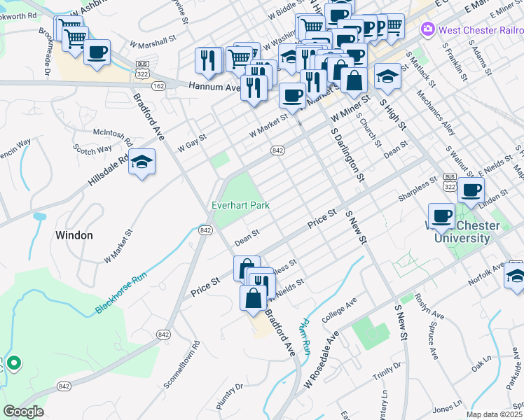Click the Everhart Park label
241,205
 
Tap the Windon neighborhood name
74,235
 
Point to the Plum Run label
303,336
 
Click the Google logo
23,412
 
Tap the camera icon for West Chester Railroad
427,29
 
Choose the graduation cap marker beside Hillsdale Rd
142,163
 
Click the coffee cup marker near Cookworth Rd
97,52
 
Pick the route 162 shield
158,85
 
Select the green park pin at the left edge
13,363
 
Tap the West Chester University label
463,232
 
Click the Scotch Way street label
93,149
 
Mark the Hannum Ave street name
214,87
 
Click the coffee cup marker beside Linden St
471,190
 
